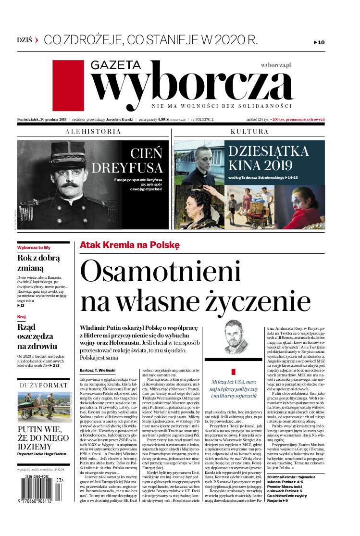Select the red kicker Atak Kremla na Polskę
pos(129,245)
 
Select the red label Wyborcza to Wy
pos(34,247)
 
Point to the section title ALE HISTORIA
pos(93,131)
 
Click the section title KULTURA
pos(249,131)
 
